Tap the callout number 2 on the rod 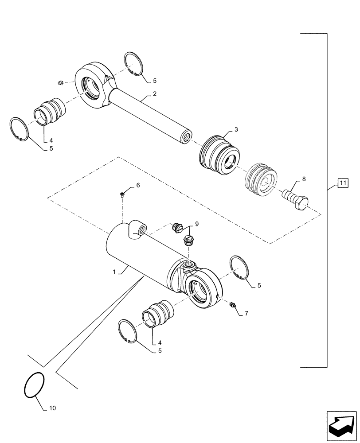155,94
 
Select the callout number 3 236,129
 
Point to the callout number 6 138,185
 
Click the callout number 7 246,313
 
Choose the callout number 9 196,224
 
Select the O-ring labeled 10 33,385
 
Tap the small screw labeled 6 122,193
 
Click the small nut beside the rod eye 62,82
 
